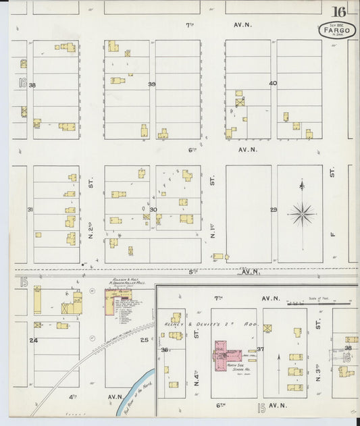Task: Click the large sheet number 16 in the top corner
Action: tap(338, 11)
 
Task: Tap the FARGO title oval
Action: tap(338, 30)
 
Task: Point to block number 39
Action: tap(152, 84)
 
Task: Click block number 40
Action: tap(273, 84)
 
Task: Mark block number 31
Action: tap(30, 209)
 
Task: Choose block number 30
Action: tap(153, 209)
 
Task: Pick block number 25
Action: tap(144, 340)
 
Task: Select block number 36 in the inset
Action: tap(163, 350)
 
